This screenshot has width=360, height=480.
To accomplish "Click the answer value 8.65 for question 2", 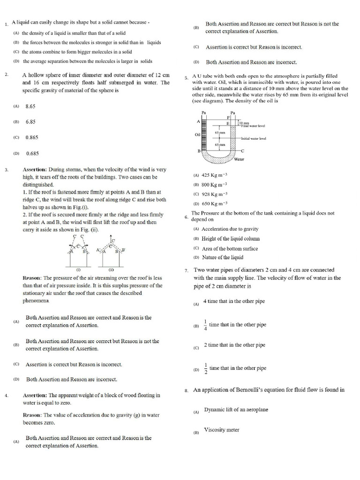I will (30, 106).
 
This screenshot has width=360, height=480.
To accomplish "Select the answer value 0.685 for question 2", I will (32, 153).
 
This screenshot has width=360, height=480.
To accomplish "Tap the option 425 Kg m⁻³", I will (214, 176).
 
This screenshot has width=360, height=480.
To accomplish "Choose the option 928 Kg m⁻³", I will (214, 194).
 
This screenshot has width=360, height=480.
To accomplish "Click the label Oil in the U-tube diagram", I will (197, 135).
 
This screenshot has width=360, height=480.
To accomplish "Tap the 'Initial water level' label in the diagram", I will (254, 139).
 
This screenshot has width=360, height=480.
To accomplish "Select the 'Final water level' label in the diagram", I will (253, 126).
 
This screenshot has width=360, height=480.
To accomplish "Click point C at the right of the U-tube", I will (242, 151).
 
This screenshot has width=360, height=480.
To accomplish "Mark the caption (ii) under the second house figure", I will (112, 270).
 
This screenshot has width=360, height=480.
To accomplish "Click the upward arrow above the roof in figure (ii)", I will (111, 239).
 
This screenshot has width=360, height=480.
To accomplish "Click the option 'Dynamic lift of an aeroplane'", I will (236, 410).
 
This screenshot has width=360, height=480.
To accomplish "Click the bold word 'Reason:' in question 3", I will (32, 278).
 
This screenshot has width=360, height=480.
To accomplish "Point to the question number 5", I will (186, 78).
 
